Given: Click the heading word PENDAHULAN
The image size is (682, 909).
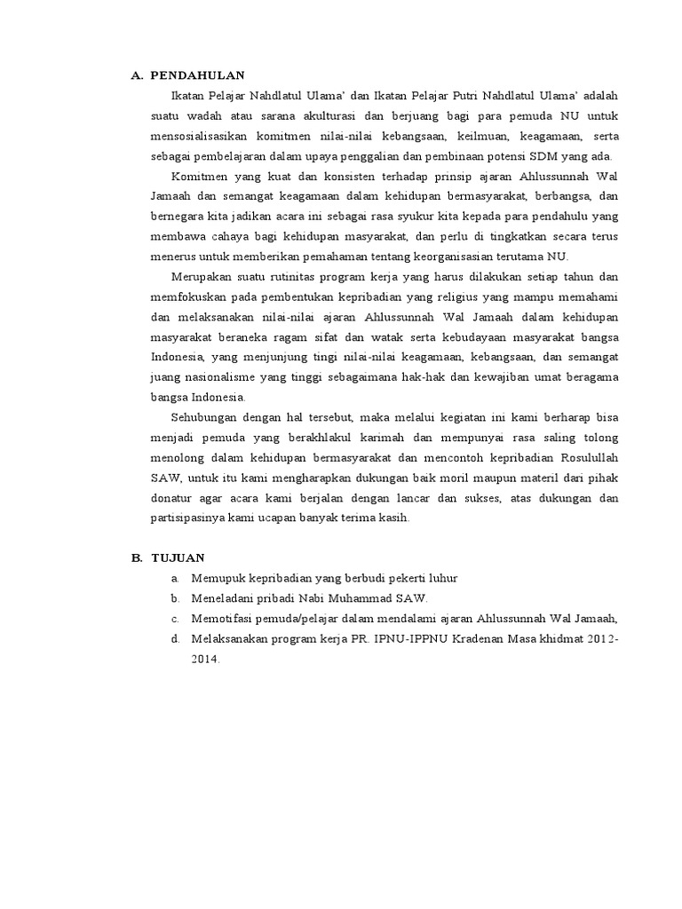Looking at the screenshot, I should (197, 76).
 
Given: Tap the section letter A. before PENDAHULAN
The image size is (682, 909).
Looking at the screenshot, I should (138, 76).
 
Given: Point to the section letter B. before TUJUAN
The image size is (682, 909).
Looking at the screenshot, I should (138, 557).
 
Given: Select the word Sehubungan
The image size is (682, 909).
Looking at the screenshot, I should (202, 417).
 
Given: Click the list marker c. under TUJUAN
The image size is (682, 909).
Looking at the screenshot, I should (176, 620).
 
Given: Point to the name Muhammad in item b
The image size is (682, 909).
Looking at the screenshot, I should (343, 599).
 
